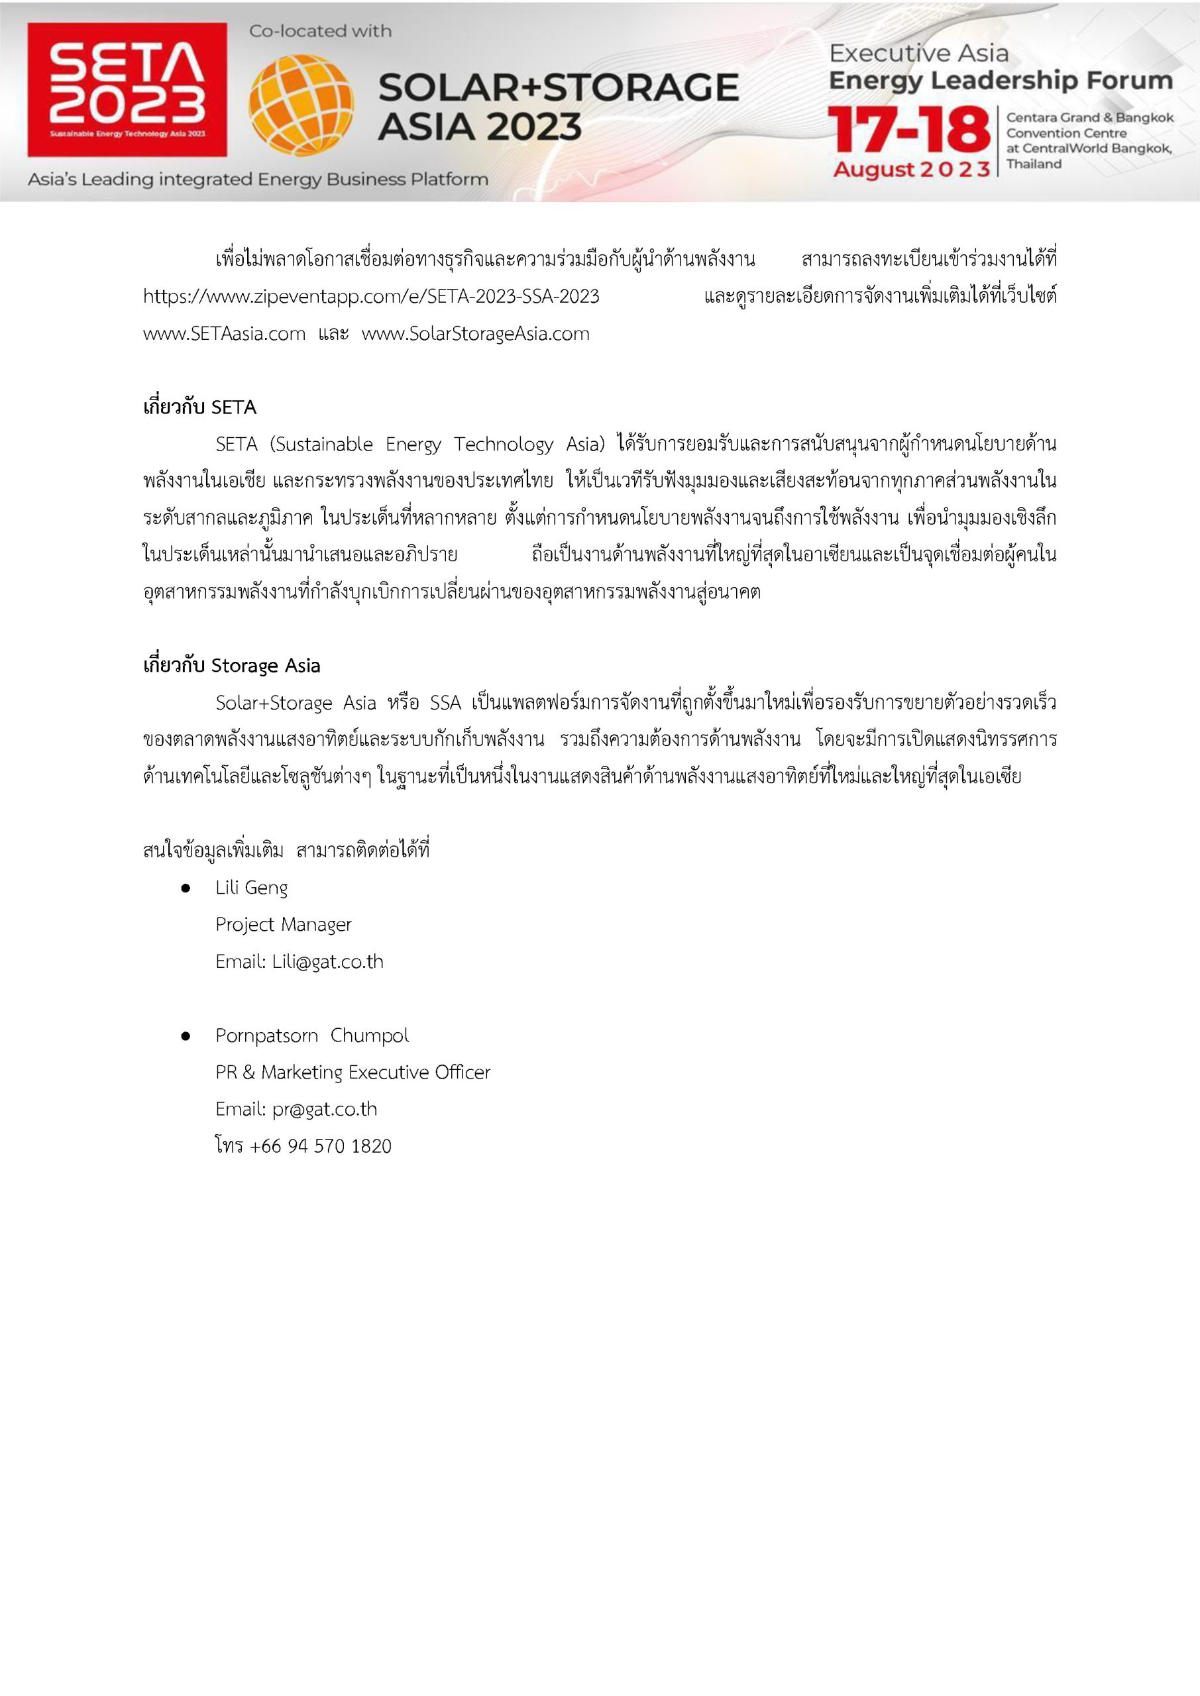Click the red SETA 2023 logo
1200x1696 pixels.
pyautogui.click(x=127, y=89)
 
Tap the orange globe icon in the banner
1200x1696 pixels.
pyautogui.click(x=301, y=105)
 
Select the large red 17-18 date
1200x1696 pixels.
pyautogui.click(x=909, y=131)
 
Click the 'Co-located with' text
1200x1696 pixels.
pyautogui.click(x=320, y=31)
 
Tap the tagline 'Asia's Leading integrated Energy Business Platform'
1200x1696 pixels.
pyautogui.click(x=258, y=180)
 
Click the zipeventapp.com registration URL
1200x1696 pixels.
pyautogui.click(x=371, y=296)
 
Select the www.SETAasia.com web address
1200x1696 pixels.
pyautogui.click(x=225, y=333)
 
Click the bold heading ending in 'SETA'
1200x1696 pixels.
pyautogui.click(x=199, y=407)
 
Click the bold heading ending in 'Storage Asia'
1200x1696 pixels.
pyautogui.click(x=231, y=666)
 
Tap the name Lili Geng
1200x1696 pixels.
pyautogui.click(x=251, y=887)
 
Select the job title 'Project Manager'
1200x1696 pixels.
pyautogui.click(x=283, y=924)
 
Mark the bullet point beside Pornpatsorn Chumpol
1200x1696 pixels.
pyautogui.click(x=186, y=1036)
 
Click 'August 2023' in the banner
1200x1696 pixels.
pyautogui.click(x=911, y=169)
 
